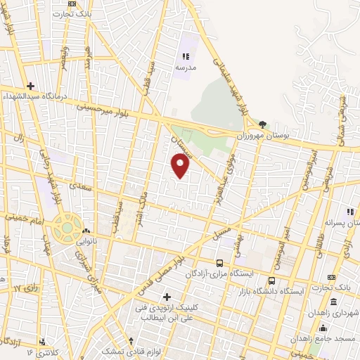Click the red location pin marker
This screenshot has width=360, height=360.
[181, 165]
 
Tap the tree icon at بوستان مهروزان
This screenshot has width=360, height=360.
[263, 124]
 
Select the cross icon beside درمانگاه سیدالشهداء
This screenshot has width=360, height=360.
[30, 86]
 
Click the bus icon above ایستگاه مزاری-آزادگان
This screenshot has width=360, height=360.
[220, 263]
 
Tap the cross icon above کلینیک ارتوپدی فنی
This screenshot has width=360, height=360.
[166, 297]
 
